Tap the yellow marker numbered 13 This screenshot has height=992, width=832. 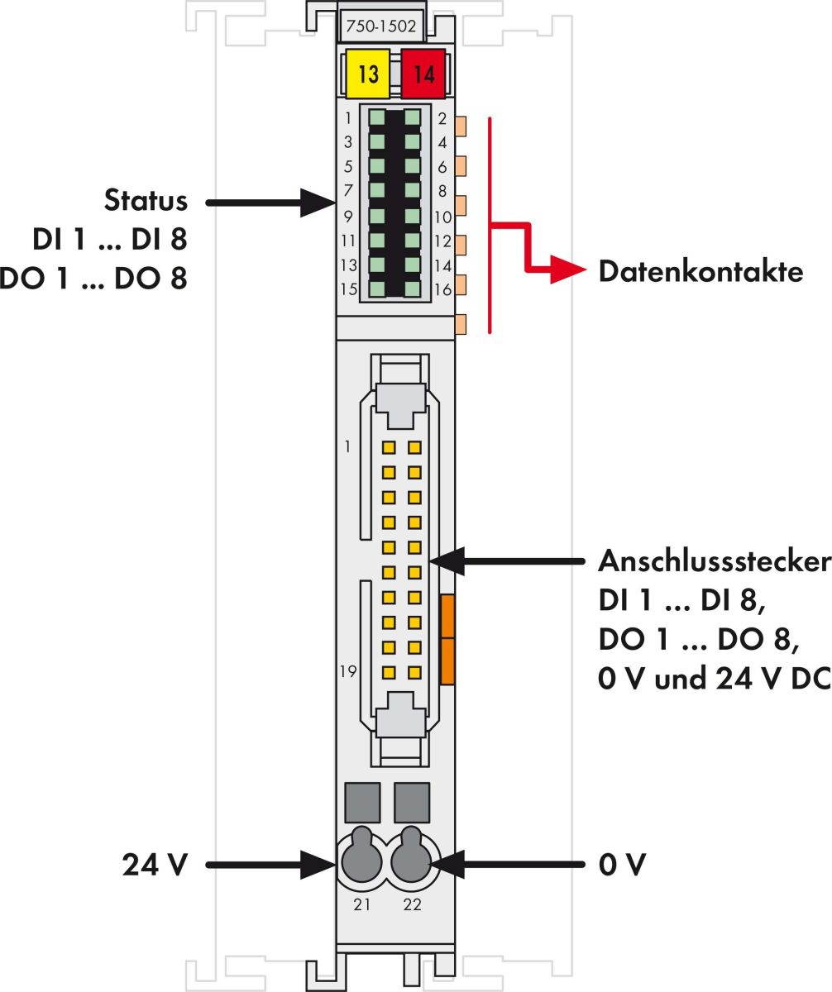tap(369, 74)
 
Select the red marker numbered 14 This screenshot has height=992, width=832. tap(423, 74)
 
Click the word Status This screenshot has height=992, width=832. tap(146, 201)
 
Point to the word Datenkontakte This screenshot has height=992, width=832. tap(701, 271)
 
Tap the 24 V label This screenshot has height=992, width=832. tap(155, 866)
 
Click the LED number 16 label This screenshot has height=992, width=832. tap(442, 289)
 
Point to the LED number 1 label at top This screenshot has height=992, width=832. tap(350, 117)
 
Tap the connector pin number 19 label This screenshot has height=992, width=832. tap(348, 671)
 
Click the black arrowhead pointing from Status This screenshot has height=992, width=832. tap(318, 201)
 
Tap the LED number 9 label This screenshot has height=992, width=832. tap(348, 217)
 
